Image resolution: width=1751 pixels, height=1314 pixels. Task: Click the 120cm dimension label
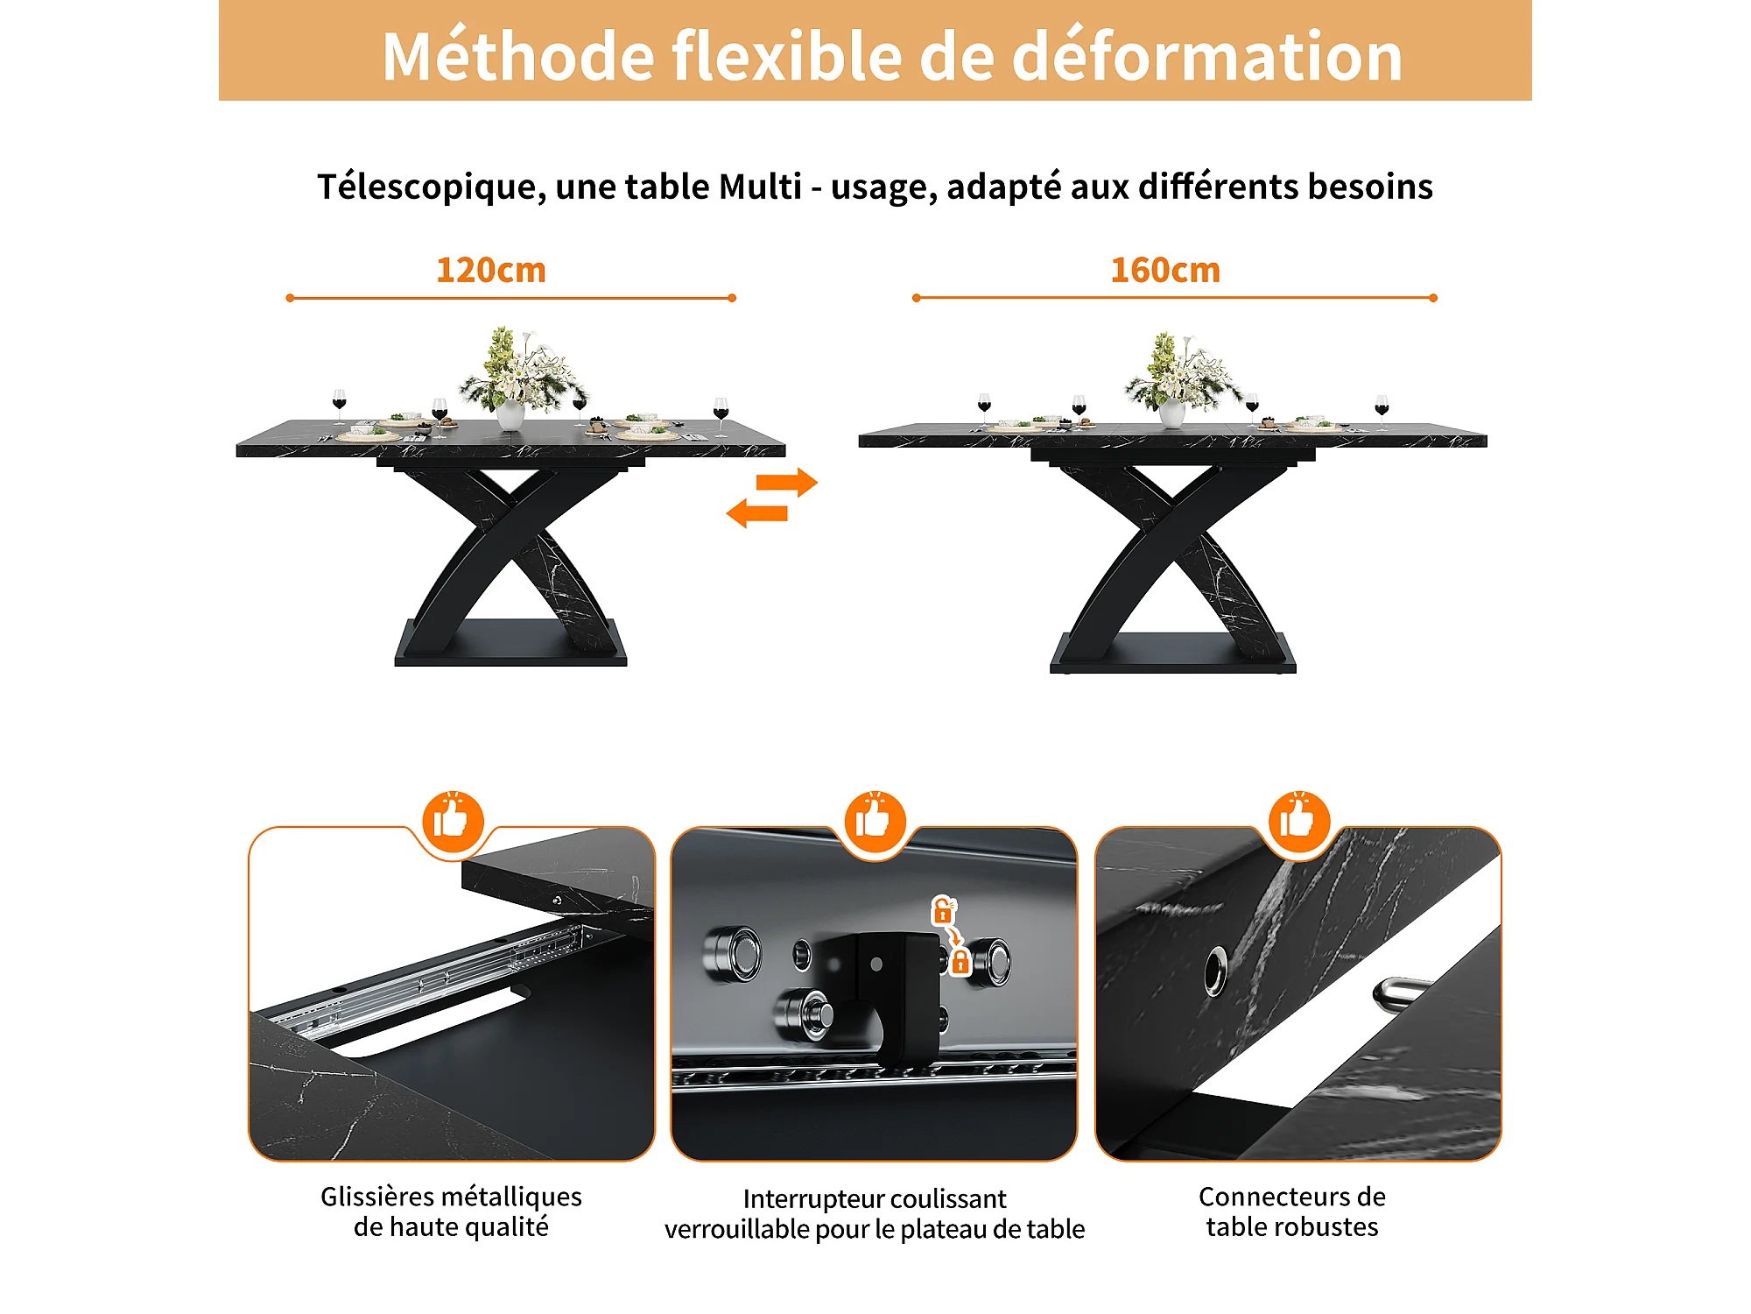click(x=491, y=270)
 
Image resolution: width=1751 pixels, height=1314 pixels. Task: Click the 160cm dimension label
click(x=1165, y=270)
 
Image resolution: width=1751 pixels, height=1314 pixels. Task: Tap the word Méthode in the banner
click(x=518, y=56)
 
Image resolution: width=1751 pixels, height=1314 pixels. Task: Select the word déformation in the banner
click(x=1207, y=56)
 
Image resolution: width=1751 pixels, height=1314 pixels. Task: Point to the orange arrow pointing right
click(x=787, y=482)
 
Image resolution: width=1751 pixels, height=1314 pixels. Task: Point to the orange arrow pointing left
click(x=757, y=513)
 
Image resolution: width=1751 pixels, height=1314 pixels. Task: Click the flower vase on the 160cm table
click(x=1172, y=413)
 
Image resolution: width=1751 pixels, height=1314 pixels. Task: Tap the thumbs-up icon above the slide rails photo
click(x=453, y=822)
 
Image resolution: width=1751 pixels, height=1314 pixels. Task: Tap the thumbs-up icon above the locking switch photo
click(x=875, y=822)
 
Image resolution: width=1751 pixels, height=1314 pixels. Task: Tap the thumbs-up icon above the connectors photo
click(x=1299, y=822)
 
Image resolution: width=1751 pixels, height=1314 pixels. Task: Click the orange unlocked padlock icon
click(x=943, y=910)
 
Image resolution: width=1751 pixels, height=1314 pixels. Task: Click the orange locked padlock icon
click(x=960, y=962)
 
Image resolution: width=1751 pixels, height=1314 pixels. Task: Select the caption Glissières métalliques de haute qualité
click(x=451, y=1212)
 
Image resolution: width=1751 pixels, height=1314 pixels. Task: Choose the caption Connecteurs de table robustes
click(x=1292, y=1212)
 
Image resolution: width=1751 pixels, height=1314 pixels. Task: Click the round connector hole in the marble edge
click(x=1215, y=971)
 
